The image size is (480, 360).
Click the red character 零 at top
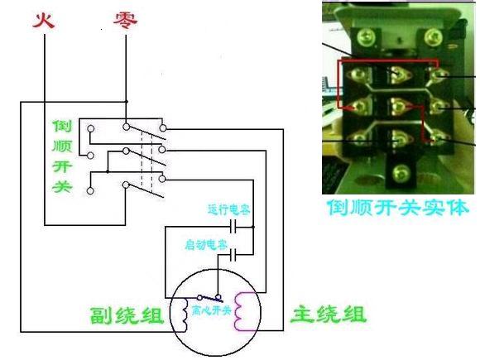click(125, 18)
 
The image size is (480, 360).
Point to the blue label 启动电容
click(206, 246)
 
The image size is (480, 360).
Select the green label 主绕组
click(327, 314)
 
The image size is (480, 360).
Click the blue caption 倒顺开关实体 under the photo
click(398, 207)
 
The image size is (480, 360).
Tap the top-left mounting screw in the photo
click(362, 37)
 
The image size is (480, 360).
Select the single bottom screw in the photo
click(401, 173)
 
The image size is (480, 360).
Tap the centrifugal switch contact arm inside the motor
click(211, 297)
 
